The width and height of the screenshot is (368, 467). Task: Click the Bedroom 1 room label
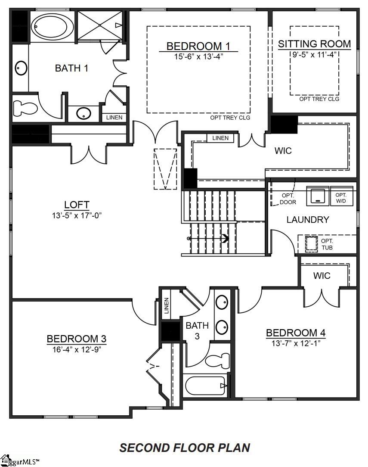pos(198,46)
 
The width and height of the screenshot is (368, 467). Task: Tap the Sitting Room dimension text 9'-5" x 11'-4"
pos(314,54)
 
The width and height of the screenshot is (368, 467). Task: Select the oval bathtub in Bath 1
pos(53,26)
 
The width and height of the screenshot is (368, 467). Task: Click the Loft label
pos(77,204)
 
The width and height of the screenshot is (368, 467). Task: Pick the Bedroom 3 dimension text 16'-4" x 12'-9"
pos(77,349)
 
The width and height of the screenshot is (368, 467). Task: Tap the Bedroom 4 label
pos(296,333)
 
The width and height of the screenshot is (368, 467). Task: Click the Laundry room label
pos(308,220)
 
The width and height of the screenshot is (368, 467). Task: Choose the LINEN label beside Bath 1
pos(114,117)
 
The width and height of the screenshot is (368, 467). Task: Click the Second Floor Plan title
pos(185,448)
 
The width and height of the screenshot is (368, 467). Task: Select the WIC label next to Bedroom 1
pos(283,151)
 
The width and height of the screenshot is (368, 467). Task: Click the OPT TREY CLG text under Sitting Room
pos(319,99)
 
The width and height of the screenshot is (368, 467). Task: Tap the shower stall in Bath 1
pos(100,26)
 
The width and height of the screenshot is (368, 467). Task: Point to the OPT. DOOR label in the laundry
pos(288,199)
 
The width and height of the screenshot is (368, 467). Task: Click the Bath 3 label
pos(197,330)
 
